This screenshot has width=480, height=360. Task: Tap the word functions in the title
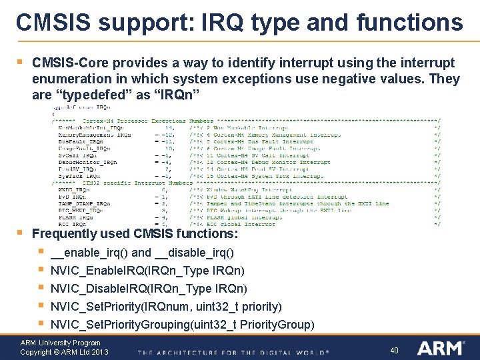point(410,22)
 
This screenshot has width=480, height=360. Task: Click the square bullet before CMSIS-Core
point(20,62)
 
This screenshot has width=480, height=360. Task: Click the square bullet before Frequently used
point(20,233)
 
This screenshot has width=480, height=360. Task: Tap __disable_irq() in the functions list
point(193,253)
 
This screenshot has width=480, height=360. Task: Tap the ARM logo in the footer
point(441,348)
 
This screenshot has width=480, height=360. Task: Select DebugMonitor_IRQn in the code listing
point(87,162)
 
